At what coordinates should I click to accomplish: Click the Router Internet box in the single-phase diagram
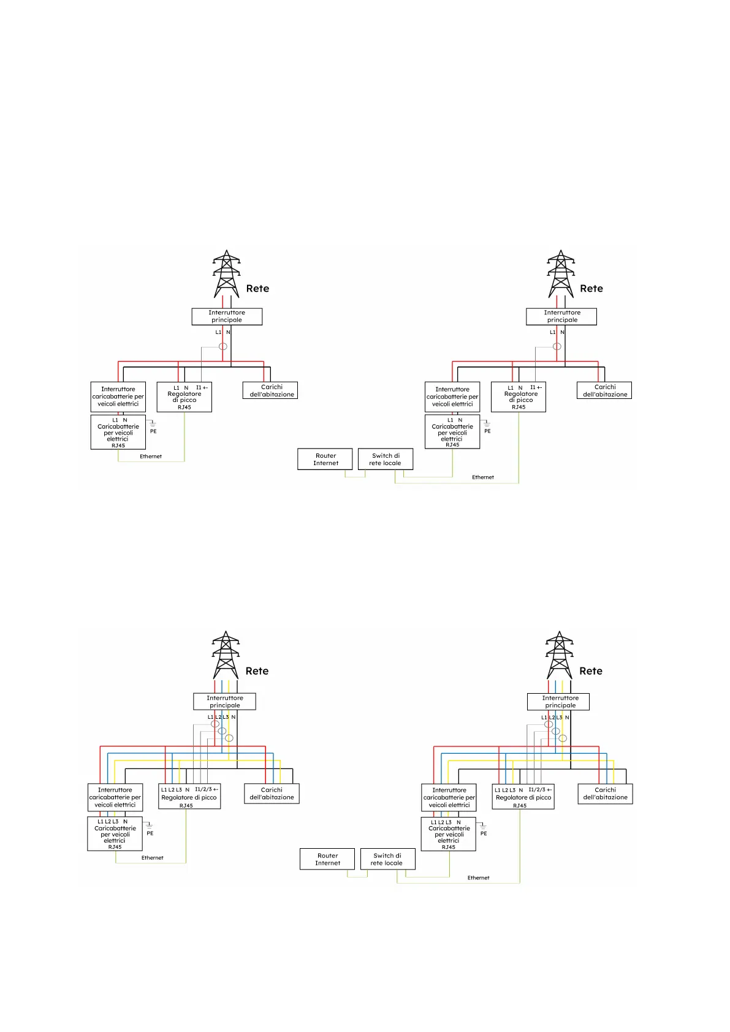[325, 459]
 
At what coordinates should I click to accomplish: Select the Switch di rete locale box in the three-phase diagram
[387, 859]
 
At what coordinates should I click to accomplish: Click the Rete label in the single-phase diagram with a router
[591, 289]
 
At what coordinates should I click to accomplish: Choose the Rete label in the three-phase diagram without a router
[257, 671]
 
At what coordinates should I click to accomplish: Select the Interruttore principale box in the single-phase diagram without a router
[227, 316]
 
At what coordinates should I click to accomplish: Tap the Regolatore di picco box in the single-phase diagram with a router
[519, 397]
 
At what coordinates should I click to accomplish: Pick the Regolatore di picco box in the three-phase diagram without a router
[189, 797]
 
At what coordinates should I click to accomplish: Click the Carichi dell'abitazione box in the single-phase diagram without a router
[270, 390]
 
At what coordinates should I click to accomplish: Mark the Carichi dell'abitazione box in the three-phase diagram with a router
[605, 794]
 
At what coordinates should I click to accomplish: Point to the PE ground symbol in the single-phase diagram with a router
[487, 423]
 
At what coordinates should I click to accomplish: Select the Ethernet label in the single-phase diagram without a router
[151, 457]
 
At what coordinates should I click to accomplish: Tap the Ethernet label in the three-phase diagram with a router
[479, 878]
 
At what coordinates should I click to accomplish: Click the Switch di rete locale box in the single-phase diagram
[386, 459]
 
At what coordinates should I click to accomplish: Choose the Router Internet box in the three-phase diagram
[327, 859]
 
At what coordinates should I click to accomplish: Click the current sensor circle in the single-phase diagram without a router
[223, 346]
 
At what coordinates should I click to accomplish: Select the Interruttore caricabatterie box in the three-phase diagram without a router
[115, 797]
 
